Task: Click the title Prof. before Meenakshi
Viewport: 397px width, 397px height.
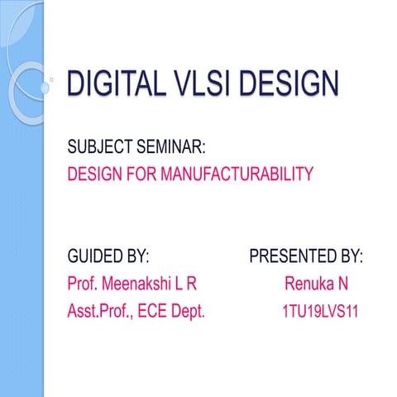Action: [83, 285]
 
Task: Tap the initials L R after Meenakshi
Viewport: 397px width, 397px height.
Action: [187, 285]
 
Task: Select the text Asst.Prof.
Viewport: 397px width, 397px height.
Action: [101, 313]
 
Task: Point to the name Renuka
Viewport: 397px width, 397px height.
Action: [308, 285]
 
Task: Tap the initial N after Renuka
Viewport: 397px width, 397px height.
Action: [342, 285]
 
